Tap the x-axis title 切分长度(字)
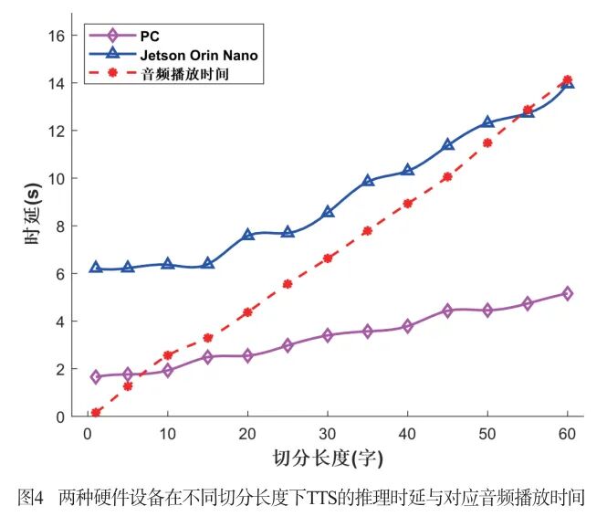[328, 457]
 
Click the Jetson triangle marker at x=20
[248, 235]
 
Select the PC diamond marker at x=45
[447, 311]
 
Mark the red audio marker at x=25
[288, 284]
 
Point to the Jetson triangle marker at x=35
[368, 181]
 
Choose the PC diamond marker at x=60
[567, 293]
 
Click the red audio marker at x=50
[487, 143]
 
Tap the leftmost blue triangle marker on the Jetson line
[96, 268]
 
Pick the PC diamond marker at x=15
[208, 357]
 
